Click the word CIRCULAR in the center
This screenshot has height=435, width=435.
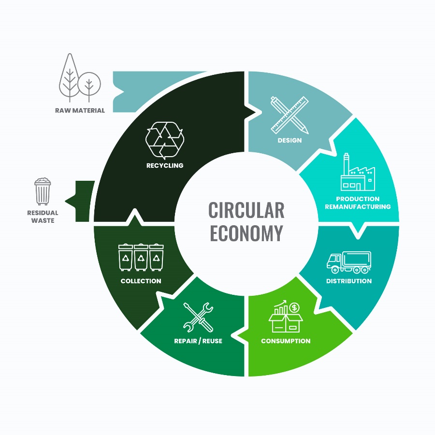tap(246, 210)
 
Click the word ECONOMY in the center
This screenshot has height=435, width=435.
tap(246, 233)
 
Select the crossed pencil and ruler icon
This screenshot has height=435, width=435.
tap(290, 115)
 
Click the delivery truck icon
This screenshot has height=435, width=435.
tap(349, 262)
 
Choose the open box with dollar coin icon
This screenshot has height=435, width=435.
tap(286, 316)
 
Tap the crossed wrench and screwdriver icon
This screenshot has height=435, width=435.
tap(198, 317)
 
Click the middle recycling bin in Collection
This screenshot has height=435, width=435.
tap(141, 257)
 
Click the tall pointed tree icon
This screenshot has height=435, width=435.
tap(69, 78)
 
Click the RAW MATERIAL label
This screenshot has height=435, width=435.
tap(80, 110)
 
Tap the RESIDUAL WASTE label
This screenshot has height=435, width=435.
tap(43, 217)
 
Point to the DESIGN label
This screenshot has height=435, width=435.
tap(290, 140)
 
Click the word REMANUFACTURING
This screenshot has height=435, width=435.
tap(358, 207)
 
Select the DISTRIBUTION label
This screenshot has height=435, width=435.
tap(349, 281)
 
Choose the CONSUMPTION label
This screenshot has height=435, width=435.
tap(286, 341)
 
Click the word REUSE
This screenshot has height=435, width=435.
tap(212, 341)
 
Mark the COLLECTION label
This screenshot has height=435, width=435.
tap(141, 281)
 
